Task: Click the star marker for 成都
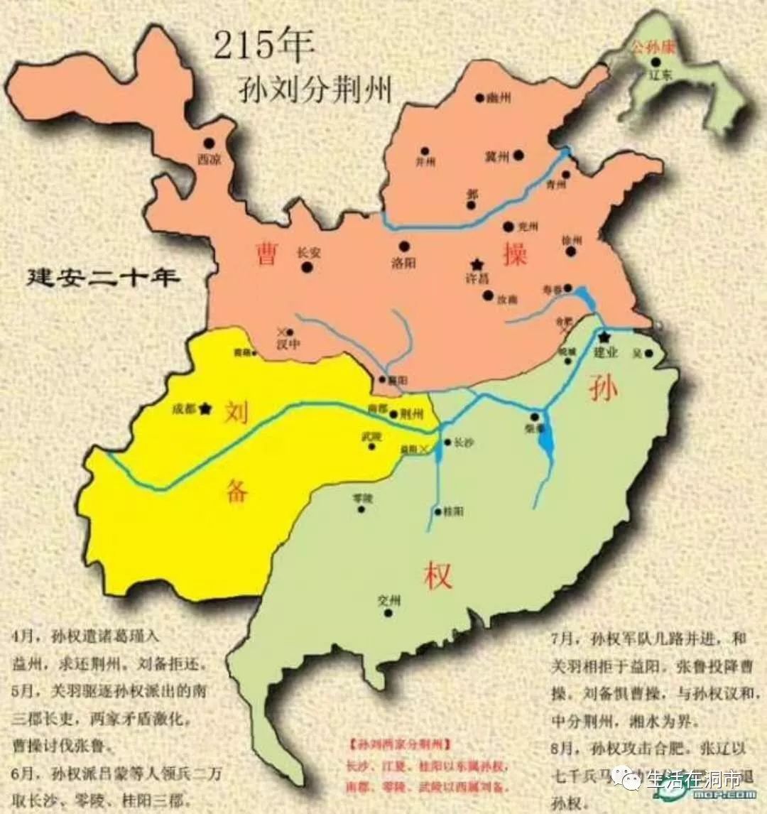(x=206, y=408)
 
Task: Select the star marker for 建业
(x=604, y=337)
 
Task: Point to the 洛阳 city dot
(x=404, y=246)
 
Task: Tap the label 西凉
(x=209, y=160)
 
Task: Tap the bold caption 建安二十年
(x=102, y=276)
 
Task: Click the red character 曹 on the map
(x=266, y=254)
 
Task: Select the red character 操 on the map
(x=515, y=254)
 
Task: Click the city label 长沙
(x=463, y=442)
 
